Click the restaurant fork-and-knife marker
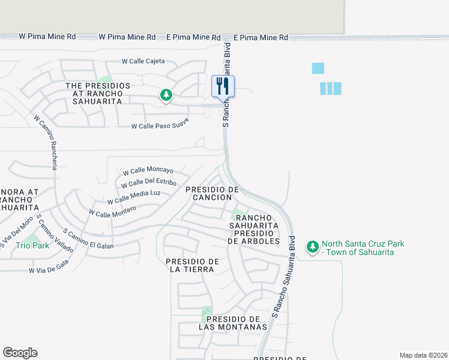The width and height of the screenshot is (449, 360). (x=223, y=85)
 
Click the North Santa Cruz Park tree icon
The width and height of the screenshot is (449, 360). (x=312, y=247)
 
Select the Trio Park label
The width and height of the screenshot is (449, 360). (x=32, y=245)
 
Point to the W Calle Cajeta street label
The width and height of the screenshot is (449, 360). (x=143, y=61)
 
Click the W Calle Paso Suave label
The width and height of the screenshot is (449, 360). (x=160, y=123)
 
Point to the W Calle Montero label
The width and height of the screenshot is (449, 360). (x=112, y=211)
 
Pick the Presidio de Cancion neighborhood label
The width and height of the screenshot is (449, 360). (x=209, y=193)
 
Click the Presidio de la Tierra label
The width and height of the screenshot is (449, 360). (x=191, y=265)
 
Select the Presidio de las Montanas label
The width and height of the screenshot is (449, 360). (x=233, y=323)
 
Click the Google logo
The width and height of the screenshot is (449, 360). (x=20, y=353)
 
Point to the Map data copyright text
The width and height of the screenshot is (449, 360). (x=423, y=355)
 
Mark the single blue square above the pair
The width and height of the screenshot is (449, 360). (x=318, y=68)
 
